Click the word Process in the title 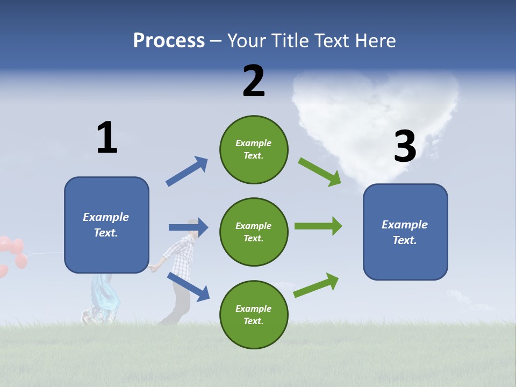169,40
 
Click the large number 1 107,138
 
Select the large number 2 254,81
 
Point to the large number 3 405,146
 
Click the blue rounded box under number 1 106,225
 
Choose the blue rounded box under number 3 405,232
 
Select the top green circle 254,149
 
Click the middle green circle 254,232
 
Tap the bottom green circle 254,314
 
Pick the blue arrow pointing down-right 188,286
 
